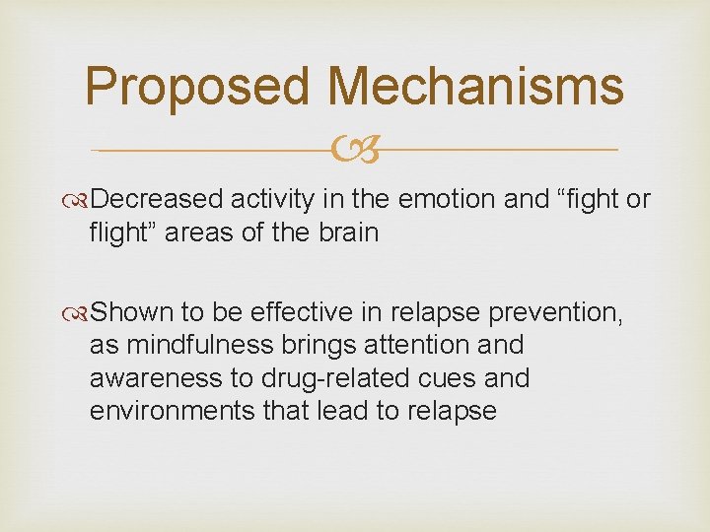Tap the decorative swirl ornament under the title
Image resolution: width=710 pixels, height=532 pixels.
tap(354, 151)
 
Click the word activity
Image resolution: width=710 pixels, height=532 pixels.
tap(272, 200)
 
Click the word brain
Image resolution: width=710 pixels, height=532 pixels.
tap(347, 233)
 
